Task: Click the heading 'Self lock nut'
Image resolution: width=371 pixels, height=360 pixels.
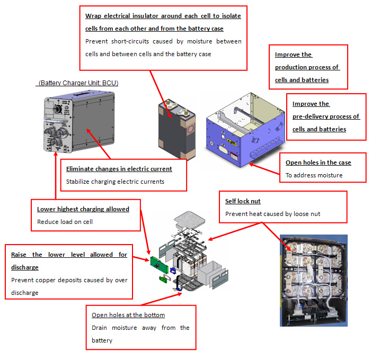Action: [243, 201]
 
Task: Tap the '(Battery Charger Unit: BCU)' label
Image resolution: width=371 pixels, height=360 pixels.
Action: [78, 83]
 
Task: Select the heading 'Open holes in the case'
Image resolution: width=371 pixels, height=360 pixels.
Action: [318, 163]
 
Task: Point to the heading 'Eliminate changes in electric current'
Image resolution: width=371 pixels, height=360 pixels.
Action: [119, 169]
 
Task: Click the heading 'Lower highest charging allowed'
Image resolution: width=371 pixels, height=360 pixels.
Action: [83, 209]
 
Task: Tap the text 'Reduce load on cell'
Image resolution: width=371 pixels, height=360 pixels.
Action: [65, 221]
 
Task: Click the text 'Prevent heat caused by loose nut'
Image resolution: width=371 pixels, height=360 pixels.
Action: [273, 214]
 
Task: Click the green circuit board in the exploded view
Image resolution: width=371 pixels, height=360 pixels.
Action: [157, 262]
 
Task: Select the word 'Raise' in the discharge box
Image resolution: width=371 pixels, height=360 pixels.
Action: [20, 255]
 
